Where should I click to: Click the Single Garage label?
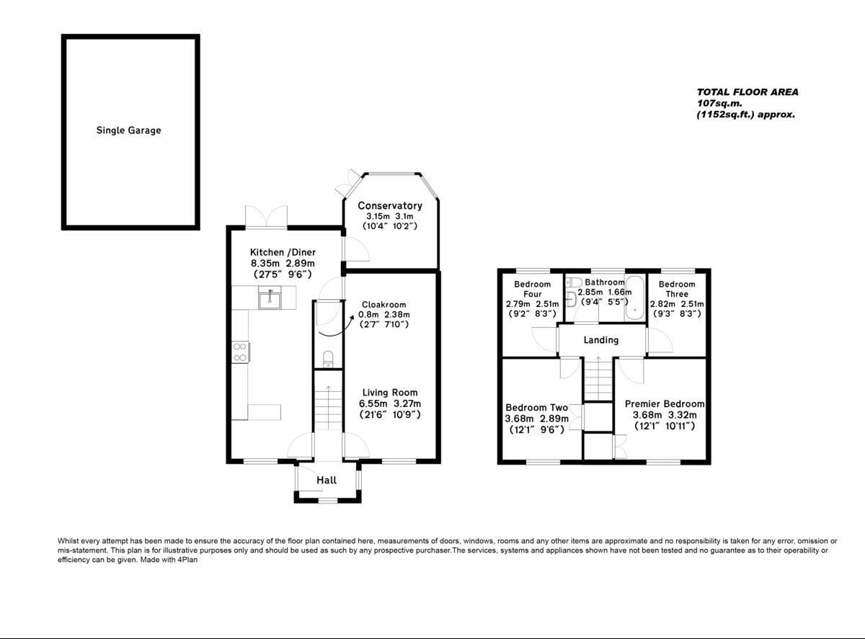tap(128, 130)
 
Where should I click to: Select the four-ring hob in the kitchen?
tap(239, 352)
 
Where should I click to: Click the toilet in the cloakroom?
tap(329, 359)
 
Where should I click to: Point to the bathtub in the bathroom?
tap(635, 298)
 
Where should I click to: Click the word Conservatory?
tap(390, 206)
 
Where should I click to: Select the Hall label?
tap(327, 481)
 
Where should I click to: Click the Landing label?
tap(600, 340)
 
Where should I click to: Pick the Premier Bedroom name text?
tap(664, 404)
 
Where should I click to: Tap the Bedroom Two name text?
tap(537, 408)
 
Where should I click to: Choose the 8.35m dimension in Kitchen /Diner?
tap(264, 264)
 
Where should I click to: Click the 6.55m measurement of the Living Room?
tap(373, 404)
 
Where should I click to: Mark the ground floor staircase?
tap(328, 407)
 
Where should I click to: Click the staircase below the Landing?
tap(598, 378)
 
